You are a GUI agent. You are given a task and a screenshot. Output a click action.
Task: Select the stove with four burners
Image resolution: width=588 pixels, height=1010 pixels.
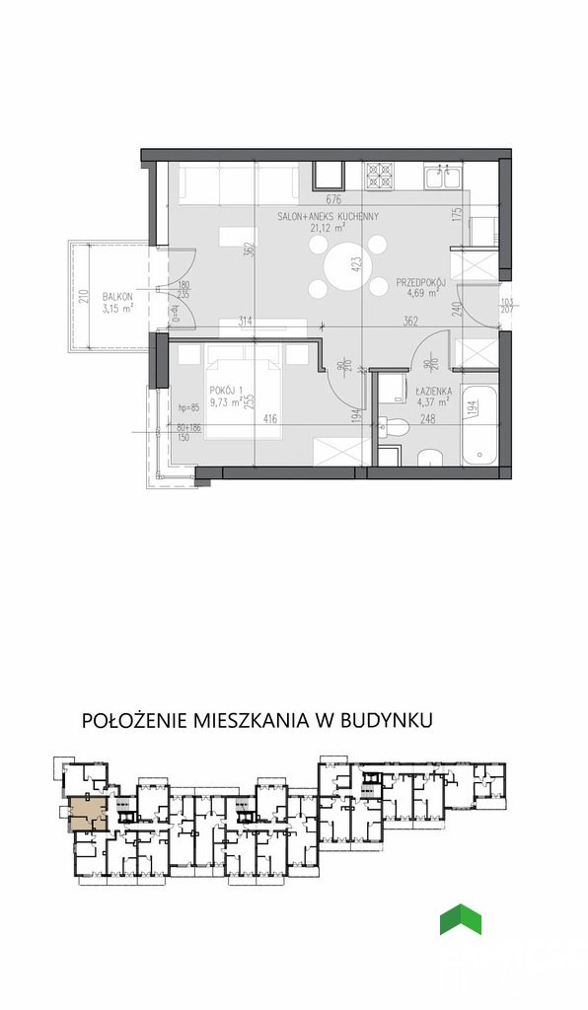[379, 177]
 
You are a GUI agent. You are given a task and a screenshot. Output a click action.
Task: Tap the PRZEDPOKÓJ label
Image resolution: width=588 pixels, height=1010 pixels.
[422, 281]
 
